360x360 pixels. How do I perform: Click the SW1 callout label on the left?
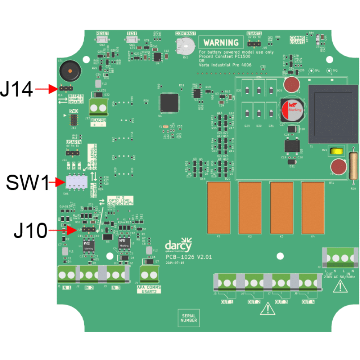coord(27,183)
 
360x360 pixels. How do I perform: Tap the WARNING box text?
coord(221,42)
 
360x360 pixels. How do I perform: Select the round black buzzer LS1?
coord(68,71)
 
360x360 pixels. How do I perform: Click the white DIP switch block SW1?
coord(76,182)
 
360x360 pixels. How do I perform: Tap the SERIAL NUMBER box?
coord(189,318)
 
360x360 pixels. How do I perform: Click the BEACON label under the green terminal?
coord(98,120)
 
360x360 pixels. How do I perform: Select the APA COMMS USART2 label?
coord(149,289)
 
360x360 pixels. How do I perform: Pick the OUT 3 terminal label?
coord(281,301)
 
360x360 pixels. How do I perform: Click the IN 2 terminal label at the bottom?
coord(89,288)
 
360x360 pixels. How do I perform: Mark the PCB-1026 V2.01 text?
coord(188,257)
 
